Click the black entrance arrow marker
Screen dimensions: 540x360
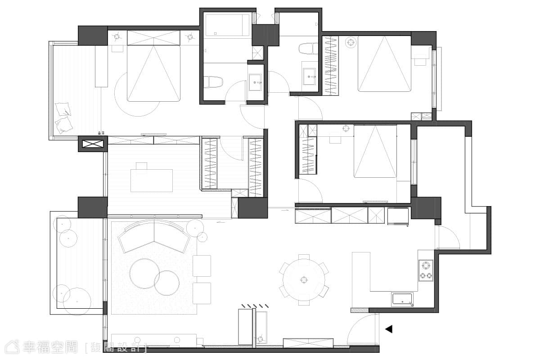389,329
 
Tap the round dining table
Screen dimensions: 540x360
304,280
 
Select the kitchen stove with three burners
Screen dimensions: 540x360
426,270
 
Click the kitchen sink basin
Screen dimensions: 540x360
402,299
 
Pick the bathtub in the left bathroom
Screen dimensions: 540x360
227,25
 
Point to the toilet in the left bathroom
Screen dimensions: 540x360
212,82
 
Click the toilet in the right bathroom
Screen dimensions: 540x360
308,49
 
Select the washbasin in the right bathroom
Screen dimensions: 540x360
309,76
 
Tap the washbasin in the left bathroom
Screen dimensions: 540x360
255,82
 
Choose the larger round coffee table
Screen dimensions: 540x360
144,274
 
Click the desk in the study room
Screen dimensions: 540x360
152,180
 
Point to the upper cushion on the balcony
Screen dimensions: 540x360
63,109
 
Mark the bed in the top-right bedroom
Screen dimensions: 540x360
384,63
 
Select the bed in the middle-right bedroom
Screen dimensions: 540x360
375,151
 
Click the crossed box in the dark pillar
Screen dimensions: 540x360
93,144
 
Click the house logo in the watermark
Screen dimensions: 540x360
12,347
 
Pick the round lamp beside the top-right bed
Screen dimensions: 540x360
351,42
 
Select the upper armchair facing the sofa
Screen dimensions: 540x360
202,266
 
